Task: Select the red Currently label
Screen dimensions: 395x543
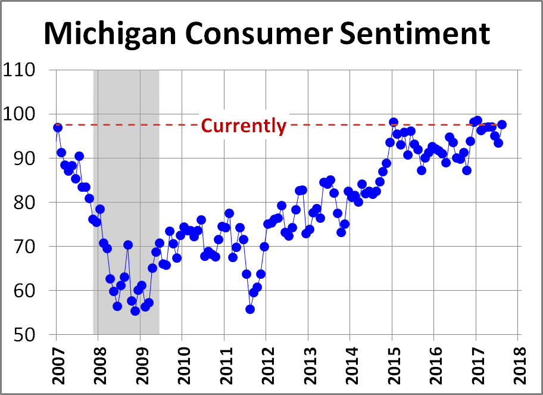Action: (x=244, y=126)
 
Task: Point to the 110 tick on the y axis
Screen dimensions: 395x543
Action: (x=27, y=70)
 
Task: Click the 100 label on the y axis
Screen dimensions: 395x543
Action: (x=27, y=114)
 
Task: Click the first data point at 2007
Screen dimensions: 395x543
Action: (x=58, y=127)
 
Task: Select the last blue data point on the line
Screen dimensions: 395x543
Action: (x=502, y=125)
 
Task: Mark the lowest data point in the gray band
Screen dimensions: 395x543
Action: (x=135, y=311)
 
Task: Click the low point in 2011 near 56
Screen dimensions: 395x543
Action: (x=250, y=309)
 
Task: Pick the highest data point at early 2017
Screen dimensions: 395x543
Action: (x=478, y=120)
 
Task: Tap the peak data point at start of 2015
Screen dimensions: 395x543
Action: (x=393, y=122)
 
